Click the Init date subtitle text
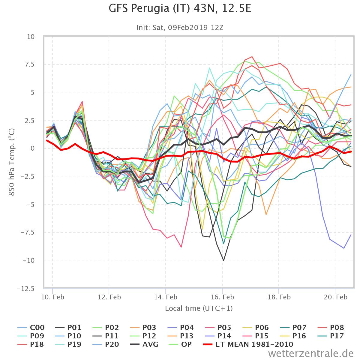point(180,28)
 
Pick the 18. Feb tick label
point(279,297)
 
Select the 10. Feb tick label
point(52,297)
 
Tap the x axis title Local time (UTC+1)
point(199,308)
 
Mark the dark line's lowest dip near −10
point(223,260)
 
